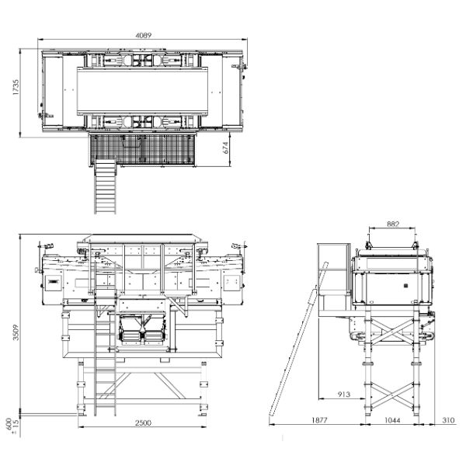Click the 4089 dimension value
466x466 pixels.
[143, 36]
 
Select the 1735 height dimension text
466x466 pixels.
[16, 87]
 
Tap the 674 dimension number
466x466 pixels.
[226, 148]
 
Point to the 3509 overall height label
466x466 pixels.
[16, 332]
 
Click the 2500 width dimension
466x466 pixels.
[143, 423]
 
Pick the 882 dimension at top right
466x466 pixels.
[393, 224]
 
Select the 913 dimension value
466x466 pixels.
[344, 395]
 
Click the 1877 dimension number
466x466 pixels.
[319, 420]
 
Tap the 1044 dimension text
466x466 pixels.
[392, 420]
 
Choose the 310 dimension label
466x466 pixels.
[448, 420]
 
